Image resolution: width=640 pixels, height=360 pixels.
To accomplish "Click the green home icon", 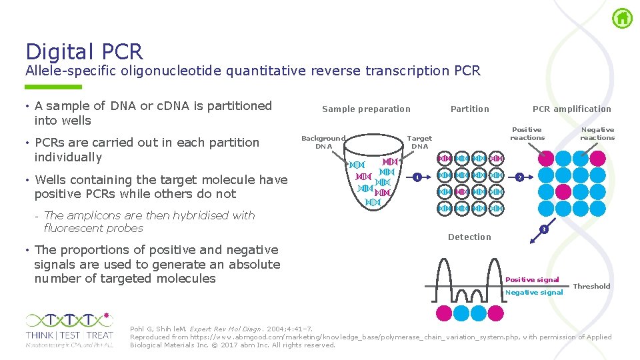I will pos(622,18).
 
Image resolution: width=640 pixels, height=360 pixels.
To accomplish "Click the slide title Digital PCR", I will pos(84,51).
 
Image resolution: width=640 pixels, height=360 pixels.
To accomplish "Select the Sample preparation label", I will pos(366,109).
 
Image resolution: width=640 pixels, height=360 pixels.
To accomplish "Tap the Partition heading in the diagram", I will pos(469,109).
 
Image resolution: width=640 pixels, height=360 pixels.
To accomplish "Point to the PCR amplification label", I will pos(571,109).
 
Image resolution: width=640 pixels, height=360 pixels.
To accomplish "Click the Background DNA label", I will pos(323,142).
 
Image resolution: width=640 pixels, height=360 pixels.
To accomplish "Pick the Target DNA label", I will pos(419,142).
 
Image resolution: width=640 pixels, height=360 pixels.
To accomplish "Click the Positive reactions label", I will pos(527,133).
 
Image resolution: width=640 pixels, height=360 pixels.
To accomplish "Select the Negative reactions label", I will pos(597,133).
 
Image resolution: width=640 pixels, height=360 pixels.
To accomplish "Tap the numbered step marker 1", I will pos(416,177).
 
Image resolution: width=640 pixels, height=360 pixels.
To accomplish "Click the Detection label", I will pos(469,237).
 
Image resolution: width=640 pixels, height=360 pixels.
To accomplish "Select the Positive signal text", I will pos(532,279).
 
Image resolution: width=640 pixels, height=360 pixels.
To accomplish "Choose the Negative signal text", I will pos(534,292).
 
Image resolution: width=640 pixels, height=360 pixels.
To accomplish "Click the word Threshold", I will pos(591,286).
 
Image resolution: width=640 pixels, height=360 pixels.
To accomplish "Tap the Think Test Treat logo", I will pos(69,329).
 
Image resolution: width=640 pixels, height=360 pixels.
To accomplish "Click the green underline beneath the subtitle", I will pos(53,87).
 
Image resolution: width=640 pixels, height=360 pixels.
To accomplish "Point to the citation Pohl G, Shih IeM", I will pos(159,329).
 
